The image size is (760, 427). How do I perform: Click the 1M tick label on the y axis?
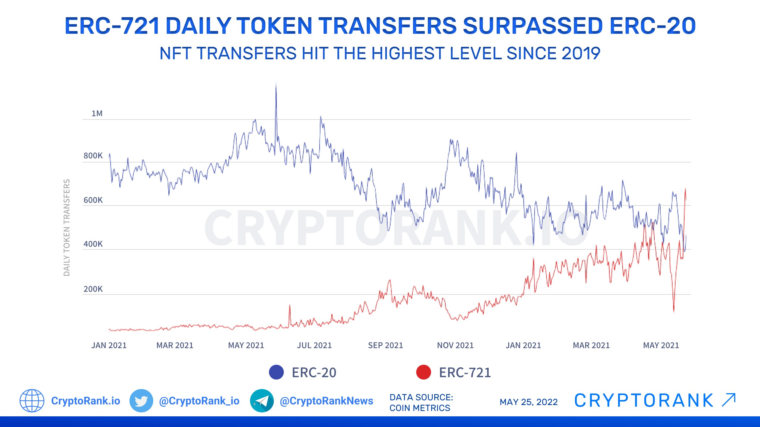click(97, 114)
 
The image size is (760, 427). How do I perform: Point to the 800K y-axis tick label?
click(93, 156)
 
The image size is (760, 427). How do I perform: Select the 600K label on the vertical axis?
click(93, 200)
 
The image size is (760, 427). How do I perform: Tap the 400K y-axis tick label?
click(93, 244)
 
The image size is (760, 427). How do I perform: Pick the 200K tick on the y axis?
click(93, 289)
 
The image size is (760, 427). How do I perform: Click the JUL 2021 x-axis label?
click(314, 345)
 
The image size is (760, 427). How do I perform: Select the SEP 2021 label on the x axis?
click(385, 345)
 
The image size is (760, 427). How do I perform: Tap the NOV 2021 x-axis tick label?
click(455, 345)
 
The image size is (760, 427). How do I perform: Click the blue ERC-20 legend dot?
click(276, 372)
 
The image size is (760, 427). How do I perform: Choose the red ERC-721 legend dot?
click(423, 372)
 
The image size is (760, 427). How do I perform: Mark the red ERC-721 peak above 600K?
click(685, 190)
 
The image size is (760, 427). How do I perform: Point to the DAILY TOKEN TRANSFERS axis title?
click(67, 227)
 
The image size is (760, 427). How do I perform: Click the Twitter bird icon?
click(141, 401)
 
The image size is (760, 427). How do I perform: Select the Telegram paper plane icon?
click(262, 401)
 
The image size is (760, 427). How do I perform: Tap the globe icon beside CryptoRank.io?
click(32, 401)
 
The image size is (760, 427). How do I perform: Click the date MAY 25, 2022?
click(528, 402)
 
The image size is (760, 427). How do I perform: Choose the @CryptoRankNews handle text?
click(326, 401)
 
